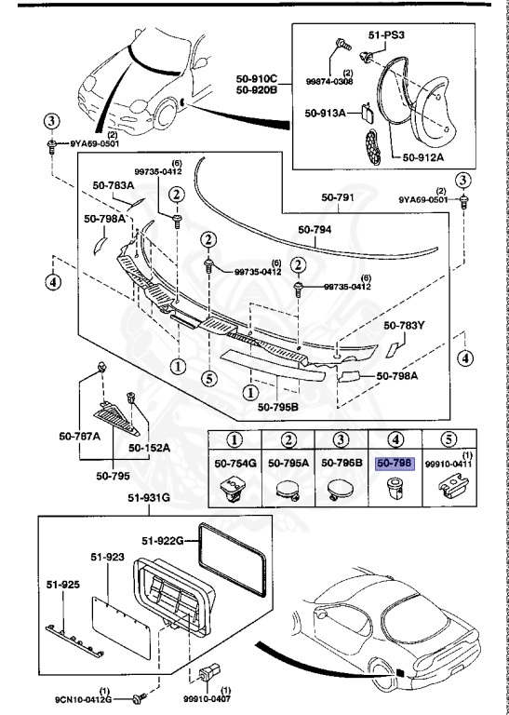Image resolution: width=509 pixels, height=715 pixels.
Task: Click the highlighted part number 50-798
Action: click(394, 462)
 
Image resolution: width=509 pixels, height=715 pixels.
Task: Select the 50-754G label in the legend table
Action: click(230, 462)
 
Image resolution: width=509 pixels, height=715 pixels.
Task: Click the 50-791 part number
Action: click(340, 196)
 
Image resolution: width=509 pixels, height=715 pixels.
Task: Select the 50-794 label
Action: click(315, 228)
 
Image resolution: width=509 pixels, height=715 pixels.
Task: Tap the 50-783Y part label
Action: click(406, 326)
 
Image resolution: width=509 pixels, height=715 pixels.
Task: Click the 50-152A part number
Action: click(148, 448)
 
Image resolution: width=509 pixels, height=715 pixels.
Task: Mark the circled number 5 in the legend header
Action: click(446, 440)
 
